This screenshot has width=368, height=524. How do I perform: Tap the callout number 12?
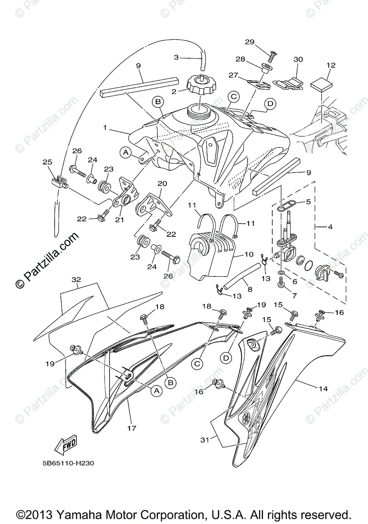(330, 65)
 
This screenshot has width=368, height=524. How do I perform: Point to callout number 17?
(132, 428)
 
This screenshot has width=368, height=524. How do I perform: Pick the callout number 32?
(76, 279)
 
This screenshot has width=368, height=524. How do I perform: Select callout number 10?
(248, 253)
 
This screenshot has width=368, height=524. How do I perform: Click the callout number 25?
(47, 162)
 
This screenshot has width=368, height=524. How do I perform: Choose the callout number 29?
(249, 42)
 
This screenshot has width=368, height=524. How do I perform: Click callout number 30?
(298, 59)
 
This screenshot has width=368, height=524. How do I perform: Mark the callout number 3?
(176, 57)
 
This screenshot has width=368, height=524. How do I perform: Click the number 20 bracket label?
(162, 183)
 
